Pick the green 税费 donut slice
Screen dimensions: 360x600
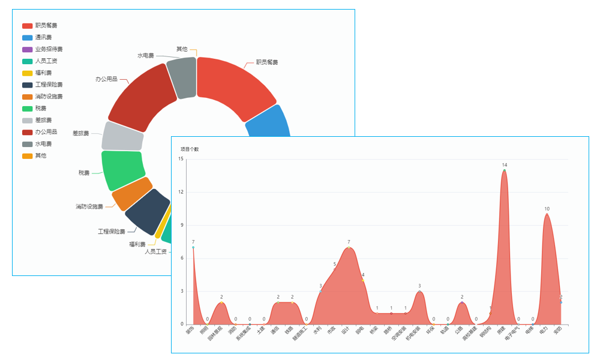[x=123, y=169]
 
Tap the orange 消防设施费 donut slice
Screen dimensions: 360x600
[x=131, y=194]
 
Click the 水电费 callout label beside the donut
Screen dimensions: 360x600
[x=145, y=56]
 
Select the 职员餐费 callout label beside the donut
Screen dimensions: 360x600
[x=267, y=62]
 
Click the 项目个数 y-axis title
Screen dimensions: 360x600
[x=189, y=149]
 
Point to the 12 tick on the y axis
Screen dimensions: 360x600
[x=181, y=192]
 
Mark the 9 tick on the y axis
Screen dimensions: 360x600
[x=182, y=225]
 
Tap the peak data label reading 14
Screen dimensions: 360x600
[x=505, y=165]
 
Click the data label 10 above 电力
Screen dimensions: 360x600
[x=547, y=209]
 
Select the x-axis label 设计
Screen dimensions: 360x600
[x=346, y=330]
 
